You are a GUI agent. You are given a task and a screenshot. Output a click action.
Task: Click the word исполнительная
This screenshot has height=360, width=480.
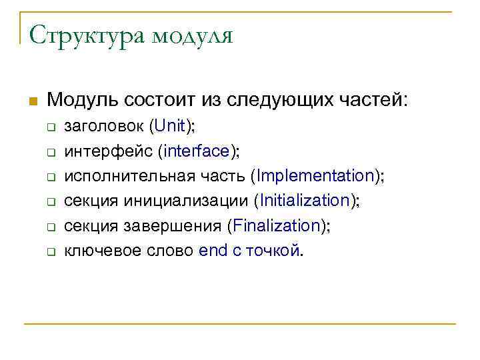[132, 176]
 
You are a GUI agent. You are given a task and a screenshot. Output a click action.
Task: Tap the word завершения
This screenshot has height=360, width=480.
[173, 225]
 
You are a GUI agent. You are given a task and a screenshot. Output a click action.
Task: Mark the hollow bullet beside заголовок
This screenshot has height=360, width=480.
[49, 127]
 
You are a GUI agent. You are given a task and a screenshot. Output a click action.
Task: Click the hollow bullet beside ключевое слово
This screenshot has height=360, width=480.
[49, 251]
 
